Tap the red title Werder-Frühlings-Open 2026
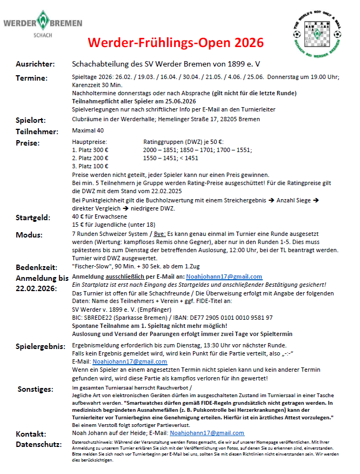point(176,42)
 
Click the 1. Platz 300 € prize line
point(90,150)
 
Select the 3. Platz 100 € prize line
point(90,166)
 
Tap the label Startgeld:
point(33,218)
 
